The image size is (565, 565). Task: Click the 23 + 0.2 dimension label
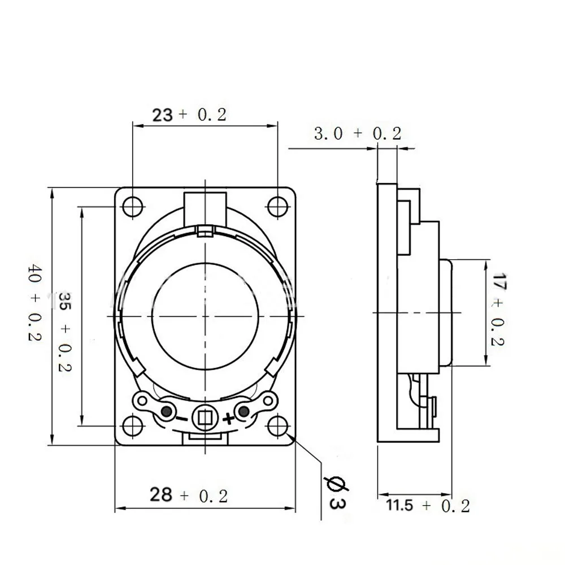(x=189, y=115)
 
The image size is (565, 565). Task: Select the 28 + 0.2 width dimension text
(x=189, y=496)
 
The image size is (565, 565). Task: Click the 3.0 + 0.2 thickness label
(x=357, y=134)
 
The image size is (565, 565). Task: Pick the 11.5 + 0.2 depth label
(x=428, y=505)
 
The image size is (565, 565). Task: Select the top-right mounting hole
(x=278, y=206)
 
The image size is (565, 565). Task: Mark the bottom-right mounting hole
(x=278, y=425)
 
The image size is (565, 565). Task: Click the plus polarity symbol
(x=228, y=419)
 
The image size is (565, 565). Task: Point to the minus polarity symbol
(x=181, y=419)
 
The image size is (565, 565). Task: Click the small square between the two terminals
(x=205, y=418)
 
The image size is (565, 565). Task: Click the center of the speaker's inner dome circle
(x=205, y=314)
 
